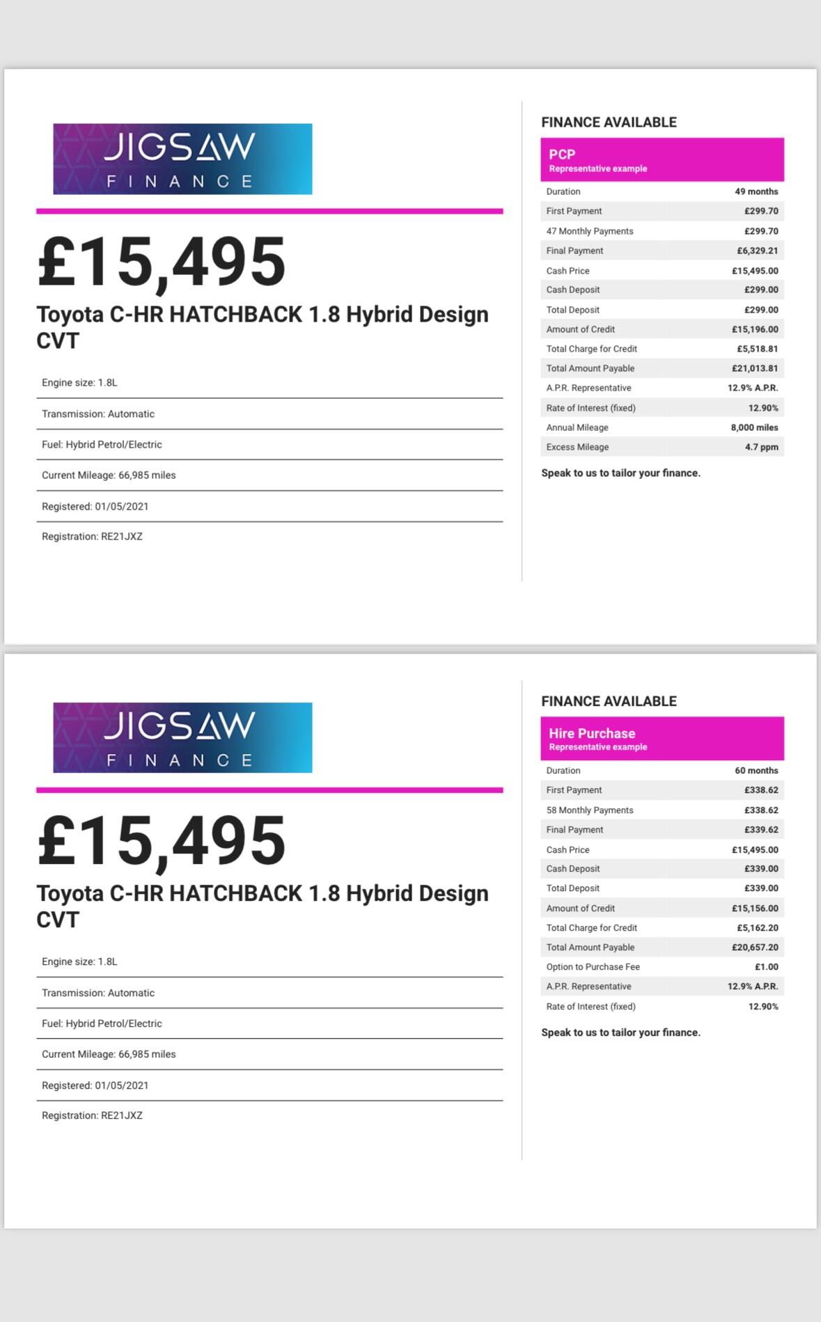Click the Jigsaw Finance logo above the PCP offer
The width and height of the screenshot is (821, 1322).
pyautogui.click(x=182, y=159)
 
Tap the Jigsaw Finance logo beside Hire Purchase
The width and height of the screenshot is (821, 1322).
pyautogui.click(x=182, y=737)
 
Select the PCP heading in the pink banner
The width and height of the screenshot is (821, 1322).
pyautogui.click(x=562, y=155)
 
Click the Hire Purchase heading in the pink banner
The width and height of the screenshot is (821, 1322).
pyautogui.click(x=592, y=733)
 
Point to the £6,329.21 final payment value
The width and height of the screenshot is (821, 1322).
pyautogui.click(x=758, y=251)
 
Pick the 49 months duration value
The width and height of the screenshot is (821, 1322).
pyautogui.click(x=756, y=191)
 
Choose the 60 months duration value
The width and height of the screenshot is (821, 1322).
pyautogui.click(x=756, y=771)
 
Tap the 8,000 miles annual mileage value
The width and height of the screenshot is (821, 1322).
pyautogui.click(x=754, y=427)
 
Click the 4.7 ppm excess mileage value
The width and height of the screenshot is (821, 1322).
pyautogui.click(x=761, y=447)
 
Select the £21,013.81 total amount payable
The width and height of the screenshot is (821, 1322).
pyautogui.click(x=755, y=368)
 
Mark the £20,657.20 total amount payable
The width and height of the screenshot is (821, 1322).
pyautogui.click(x=755, y=947)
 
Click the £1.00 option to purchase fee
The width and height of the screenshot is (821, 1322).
pyautogui.click(x=767, y=967)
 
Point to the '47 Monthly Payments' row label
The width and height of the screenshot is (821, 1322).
pyautogui.click(x=590, y=231)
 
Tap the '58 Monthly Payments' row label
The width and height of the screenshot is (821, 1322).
pyautogui.click(x=590, y=810)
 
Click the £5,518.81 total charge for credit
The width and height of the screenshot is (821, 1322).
pyautogui.click(x=758, y=349)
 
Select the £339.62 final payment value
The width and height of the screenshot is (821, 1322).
pyautogui.click(x=761, y=830)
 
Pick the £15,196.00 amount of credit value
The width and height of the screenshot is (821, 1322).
pyautogui.click(x=755, y=329)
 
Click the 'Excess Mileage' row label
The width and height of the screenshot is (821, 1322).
pyautogui.click(x=577, y=447)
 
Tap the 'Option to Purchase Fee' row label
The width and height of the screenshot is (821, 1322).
pyautogui.click(x=593, y=967)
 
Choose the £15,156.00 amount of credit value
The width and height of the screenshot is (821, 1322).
pyautogui.click(x=755, y=908)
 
